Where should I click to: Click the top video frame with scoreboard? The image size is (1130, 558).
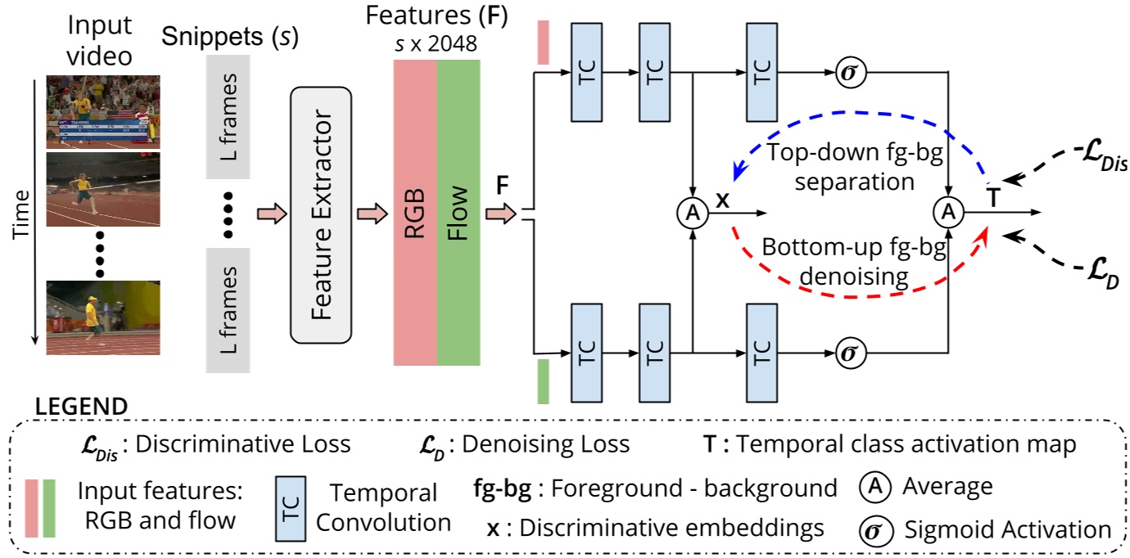102,111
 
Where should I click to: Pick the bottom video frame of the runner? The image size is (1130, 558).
102,317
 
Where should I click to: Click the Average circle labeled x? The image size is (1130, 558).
693,214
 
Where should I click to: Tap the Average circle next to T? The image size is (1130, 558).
947,213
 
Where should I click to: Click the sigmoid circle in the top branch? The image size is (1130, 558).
848,73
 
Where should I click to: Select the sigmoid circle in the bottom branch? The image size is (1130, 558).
848,353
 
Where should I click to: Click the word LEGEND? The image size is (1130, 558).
81,407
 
